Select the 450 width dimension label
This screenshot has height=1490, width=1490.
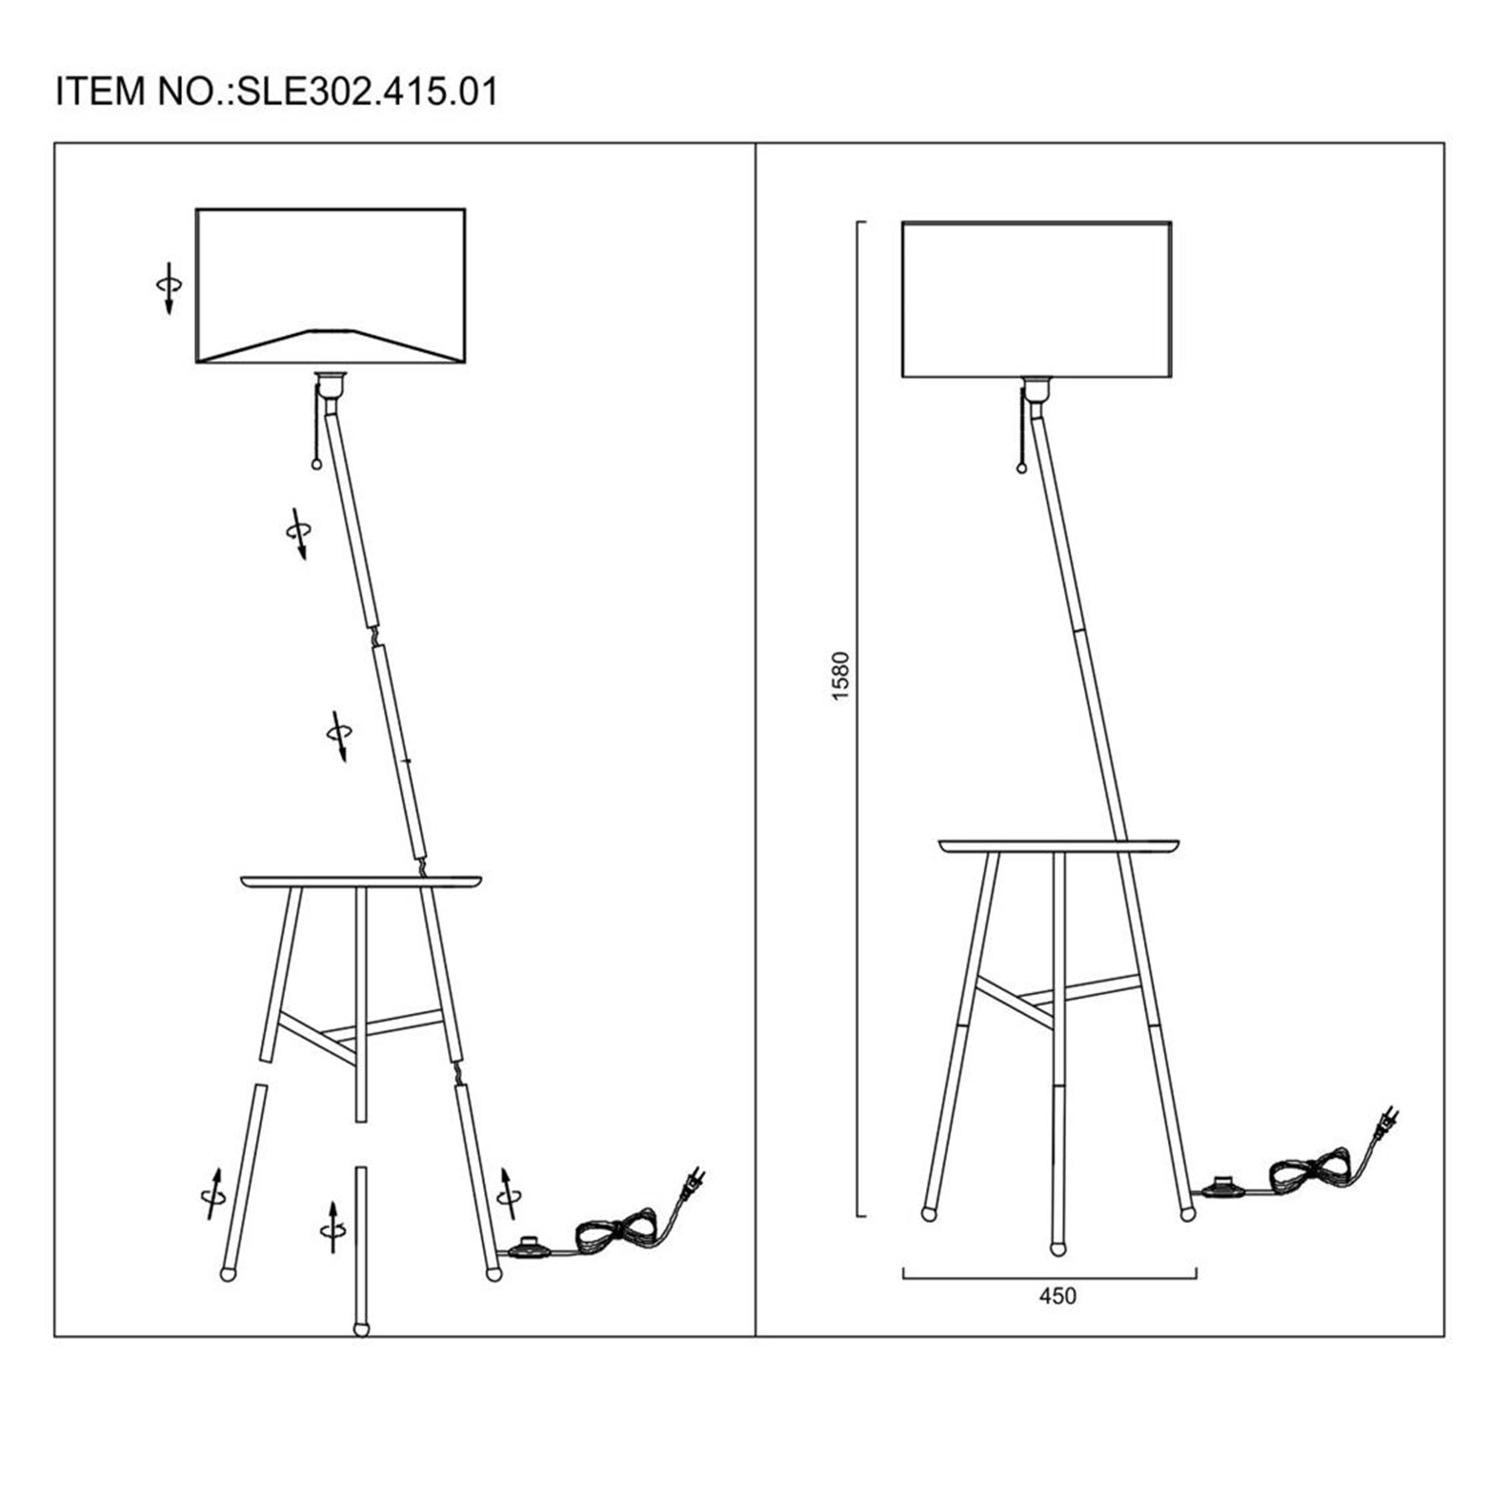(1057, 1296)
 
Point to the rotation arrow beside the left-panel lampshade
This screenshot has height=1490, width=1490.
(169, 288)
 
